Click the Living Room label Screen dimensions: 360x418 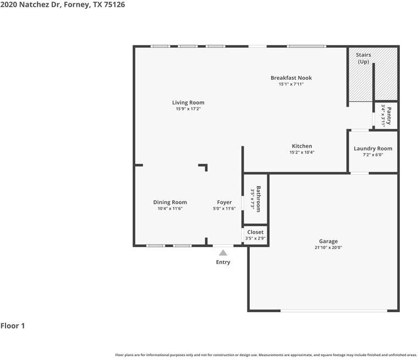(188, 102)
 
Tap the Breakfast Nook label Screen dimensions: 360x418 (291, 78)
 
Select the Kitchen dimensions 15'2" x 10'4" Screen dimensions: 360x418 (302, 152)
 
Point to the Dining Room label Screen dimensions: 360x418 (170, 202)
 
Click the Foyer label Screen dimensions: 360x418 (224, 202)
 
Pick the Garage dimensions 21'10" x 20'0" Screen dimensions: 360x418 (328, 248)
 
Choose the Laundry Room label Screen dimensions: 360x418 (373, 149)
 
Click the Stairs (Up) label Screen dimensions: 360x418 (363, 58)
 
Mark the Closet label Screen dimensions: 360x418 (255, 232)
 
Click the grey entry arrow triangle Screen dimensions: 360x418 (223, 253)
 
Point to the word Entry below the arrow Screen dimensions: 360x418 (223, 262)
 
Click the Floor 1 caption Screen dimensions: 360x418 (13, 326)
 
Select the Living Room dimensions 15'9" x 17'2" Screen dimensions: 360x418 (188, 109)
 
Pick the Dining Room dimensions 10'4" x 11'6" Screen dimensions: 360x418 (170, 209)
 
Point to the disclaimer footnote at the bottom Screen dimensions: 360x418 (266, 355)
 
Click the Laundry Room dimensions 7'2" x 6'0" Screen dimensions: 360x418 (372, 155)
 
